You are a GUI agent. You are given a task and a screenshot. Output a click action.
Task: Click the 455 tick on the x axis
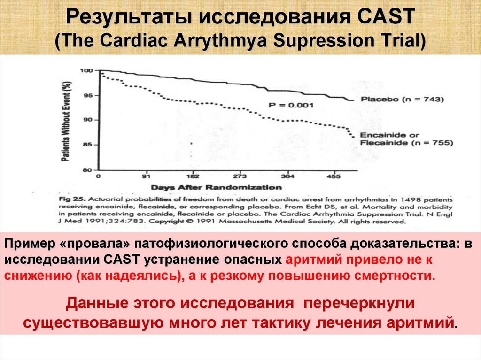(333, 177)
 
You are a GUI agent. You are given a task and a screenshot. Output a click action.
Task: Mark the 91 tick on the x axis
(146, 177)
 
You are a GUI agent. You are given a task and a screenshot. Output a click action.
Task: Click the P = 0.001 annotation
(291, 105)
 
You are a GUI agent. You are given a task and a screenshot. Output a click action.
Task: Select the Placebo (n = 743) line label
(402, 99)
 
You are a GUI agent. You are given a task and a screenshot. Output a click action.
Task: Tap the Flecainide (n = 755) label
(406, 142)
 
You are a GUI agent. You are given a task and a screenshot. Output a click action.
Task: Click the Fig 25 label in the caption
(71, 199)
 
